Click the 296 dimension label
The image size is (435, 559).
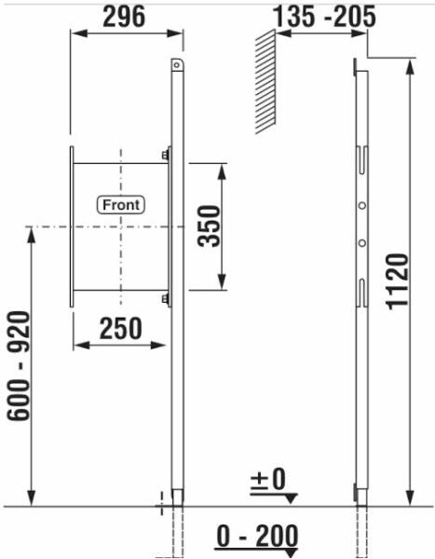tap(124, 17)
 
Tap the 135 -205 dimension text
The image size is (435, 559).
tap(324, 17)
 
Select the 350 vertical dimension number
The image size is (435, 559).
tap(210, 226)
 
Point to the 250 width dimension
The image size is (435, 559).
tap(120, 329)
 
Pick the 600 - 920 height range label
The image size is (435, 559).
tap(19, 366)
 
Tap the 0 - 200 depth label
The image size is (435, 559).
tap(257, 536)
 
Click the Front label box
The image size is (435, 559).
tap(121, 205)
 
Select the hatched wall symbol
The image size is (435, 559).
tap(265, 82)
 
